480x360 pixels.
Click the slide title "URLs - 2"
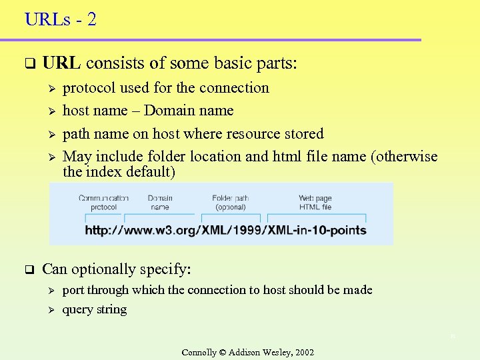pyautogui.click(x=61, y=19)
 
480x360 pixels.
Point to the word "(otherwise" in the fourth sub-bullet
pyautogui.click(x=405, y=157)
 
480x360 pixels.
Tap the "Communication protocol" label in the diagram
pyautogui.click(x=103, y=202)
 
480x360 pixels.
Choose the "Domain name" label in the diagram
pyautogui.click(x=160, y=202)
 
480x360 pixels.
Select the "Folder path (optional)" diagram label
pyautogui.click(x=231, y=202)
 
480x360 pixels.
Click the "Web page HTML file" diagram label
pyautogui.click(x=315, y=202)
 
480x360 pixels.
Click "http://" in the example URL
pyautogui.click(x=101, y=230)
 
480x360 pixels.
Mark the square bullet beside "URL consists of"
pyautogui.click(x=29, y=65)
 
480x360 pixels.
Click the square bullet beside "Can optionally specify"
pyautogui.click(x=29, y=270)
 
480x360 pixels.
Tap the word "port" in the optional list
pyautogui.click(x=73, y=291)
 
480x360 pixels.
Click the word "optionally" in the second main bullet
pyautogui.click(x=103, y=270)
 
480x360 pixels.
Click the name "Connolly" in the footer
pyautogui.click(x=199, y=352)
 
